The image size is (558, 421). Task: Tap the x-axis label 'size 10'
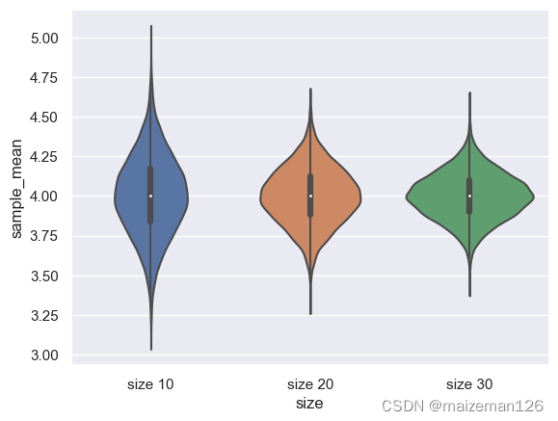tap(150, 383)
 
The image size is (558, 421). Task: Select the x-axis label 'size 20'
tap(310, 383)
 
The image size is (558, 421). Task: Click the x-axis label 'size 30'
tap(469, 383)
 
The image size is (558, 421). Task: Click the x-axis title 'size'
tap(309, 404)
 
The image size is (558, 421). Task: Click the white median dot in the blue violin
tap(150, 196)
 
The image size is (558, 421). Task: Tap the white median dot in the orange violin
tap(310, 196)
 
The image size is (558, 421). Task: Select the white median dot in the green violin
tap(469, 196)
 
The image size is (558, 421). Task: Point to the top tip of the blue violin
tap(150, 27)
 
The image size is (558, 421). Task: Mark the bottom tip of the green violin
tap(469, 295)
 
